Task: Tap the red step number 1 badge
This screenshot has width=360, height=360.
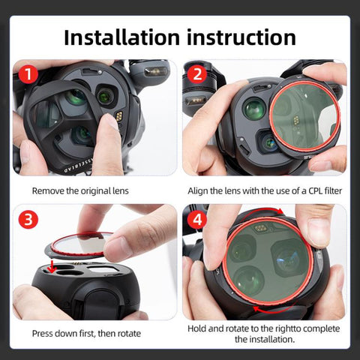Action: [x=28, y=74]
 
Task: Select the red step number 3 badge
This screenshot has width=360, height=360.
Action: [x=28, y=220]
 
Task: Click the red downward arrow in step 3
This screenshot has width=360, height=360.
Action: [x=52, y=267]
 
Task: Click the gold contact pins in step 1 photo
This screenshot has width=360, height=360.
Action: [x=118, y=116]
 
